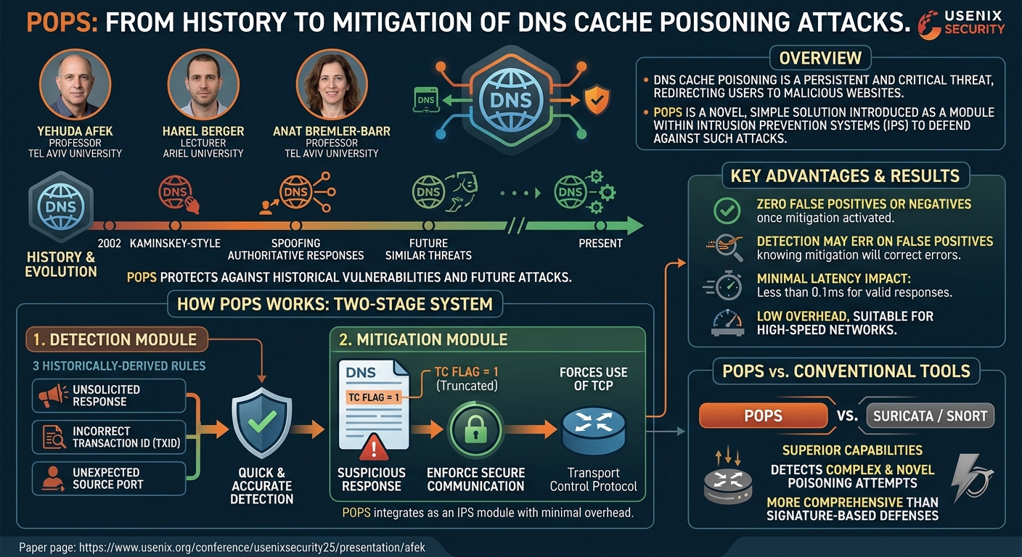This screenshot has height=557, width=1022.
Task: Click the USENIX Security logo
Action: tap(961, 24)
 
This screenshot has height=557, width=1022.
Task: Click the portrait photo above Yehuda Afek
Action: tap(75, 85)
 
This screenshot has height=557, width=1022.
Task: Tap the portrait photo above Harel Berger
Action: tap(203, 85)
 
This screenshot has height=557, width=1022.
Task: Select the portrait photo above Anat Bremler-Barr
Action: tap(332, 85)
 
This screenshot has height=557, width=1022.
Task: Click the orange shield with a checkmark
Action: tap(597, 101)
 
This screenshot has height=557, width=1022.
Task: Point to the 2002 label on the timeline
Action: tap(110, 244)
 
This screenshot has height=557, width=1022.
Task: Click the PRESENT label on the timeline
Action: tap(600, 244)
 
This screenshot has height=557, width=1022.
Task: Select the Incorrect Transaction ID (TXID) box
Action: tap(109, 437)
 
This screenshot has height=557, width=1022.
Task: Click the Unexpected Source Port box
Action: tap(109, 479)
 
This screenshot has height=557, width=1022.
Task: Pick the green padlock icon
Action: tap(476, 429)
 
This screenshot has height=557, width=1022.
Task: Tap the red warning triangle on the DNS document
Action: tap(374, 447)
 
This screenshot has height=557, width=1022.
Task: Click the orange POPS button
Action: tap(764, 416)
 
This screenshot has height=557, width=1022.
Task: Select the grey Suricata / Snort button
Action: tap(931, 416)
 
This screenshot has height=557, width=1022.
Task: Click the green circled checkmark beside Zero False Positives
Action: tap(727, 210)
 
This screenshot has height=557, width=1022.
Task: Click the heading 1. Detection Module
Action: tap(115, 339)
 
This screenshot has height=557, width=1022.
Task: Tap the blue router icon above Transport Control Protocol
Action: tap(594, 431)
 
